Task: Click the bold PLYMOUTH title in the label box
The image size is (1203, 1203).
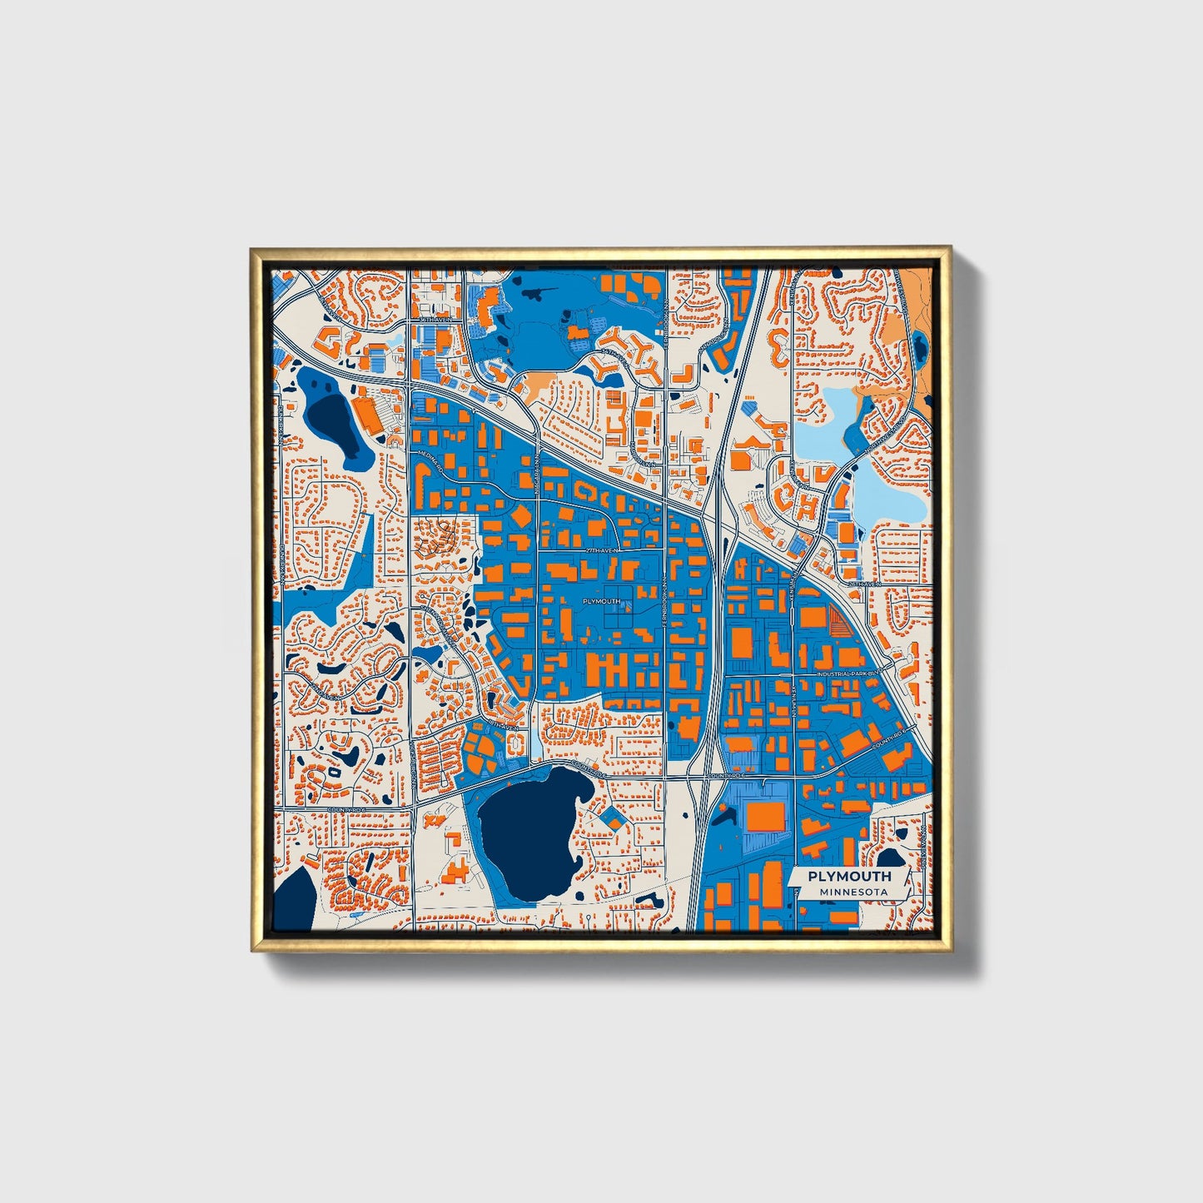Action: tap(849, 876)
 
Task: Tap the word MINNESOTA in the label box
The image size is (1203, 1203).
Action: tap(853, 892)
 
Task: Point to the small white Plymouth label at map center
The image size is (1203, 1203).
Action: tap(601, 601)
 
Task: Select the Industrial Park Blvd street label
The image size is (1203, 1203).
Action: tap(848, 674)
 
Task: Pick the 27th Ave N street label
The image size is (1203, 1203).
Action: tap(603, 551)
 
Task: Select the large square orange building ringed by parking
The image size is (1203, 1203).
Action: tap(764, 817)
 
